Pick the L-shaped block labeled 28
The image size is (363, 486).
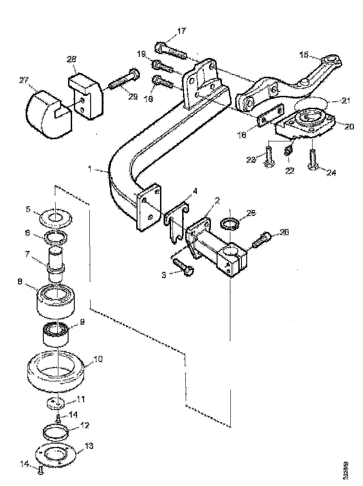(x=87, y=96)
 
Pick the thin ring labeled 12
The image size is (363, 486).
(x=55, y=429)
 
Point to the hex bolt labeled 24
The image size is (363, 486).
(x=313, y=160)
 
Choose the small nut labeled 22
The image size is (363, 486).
(x=288, y=151)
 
